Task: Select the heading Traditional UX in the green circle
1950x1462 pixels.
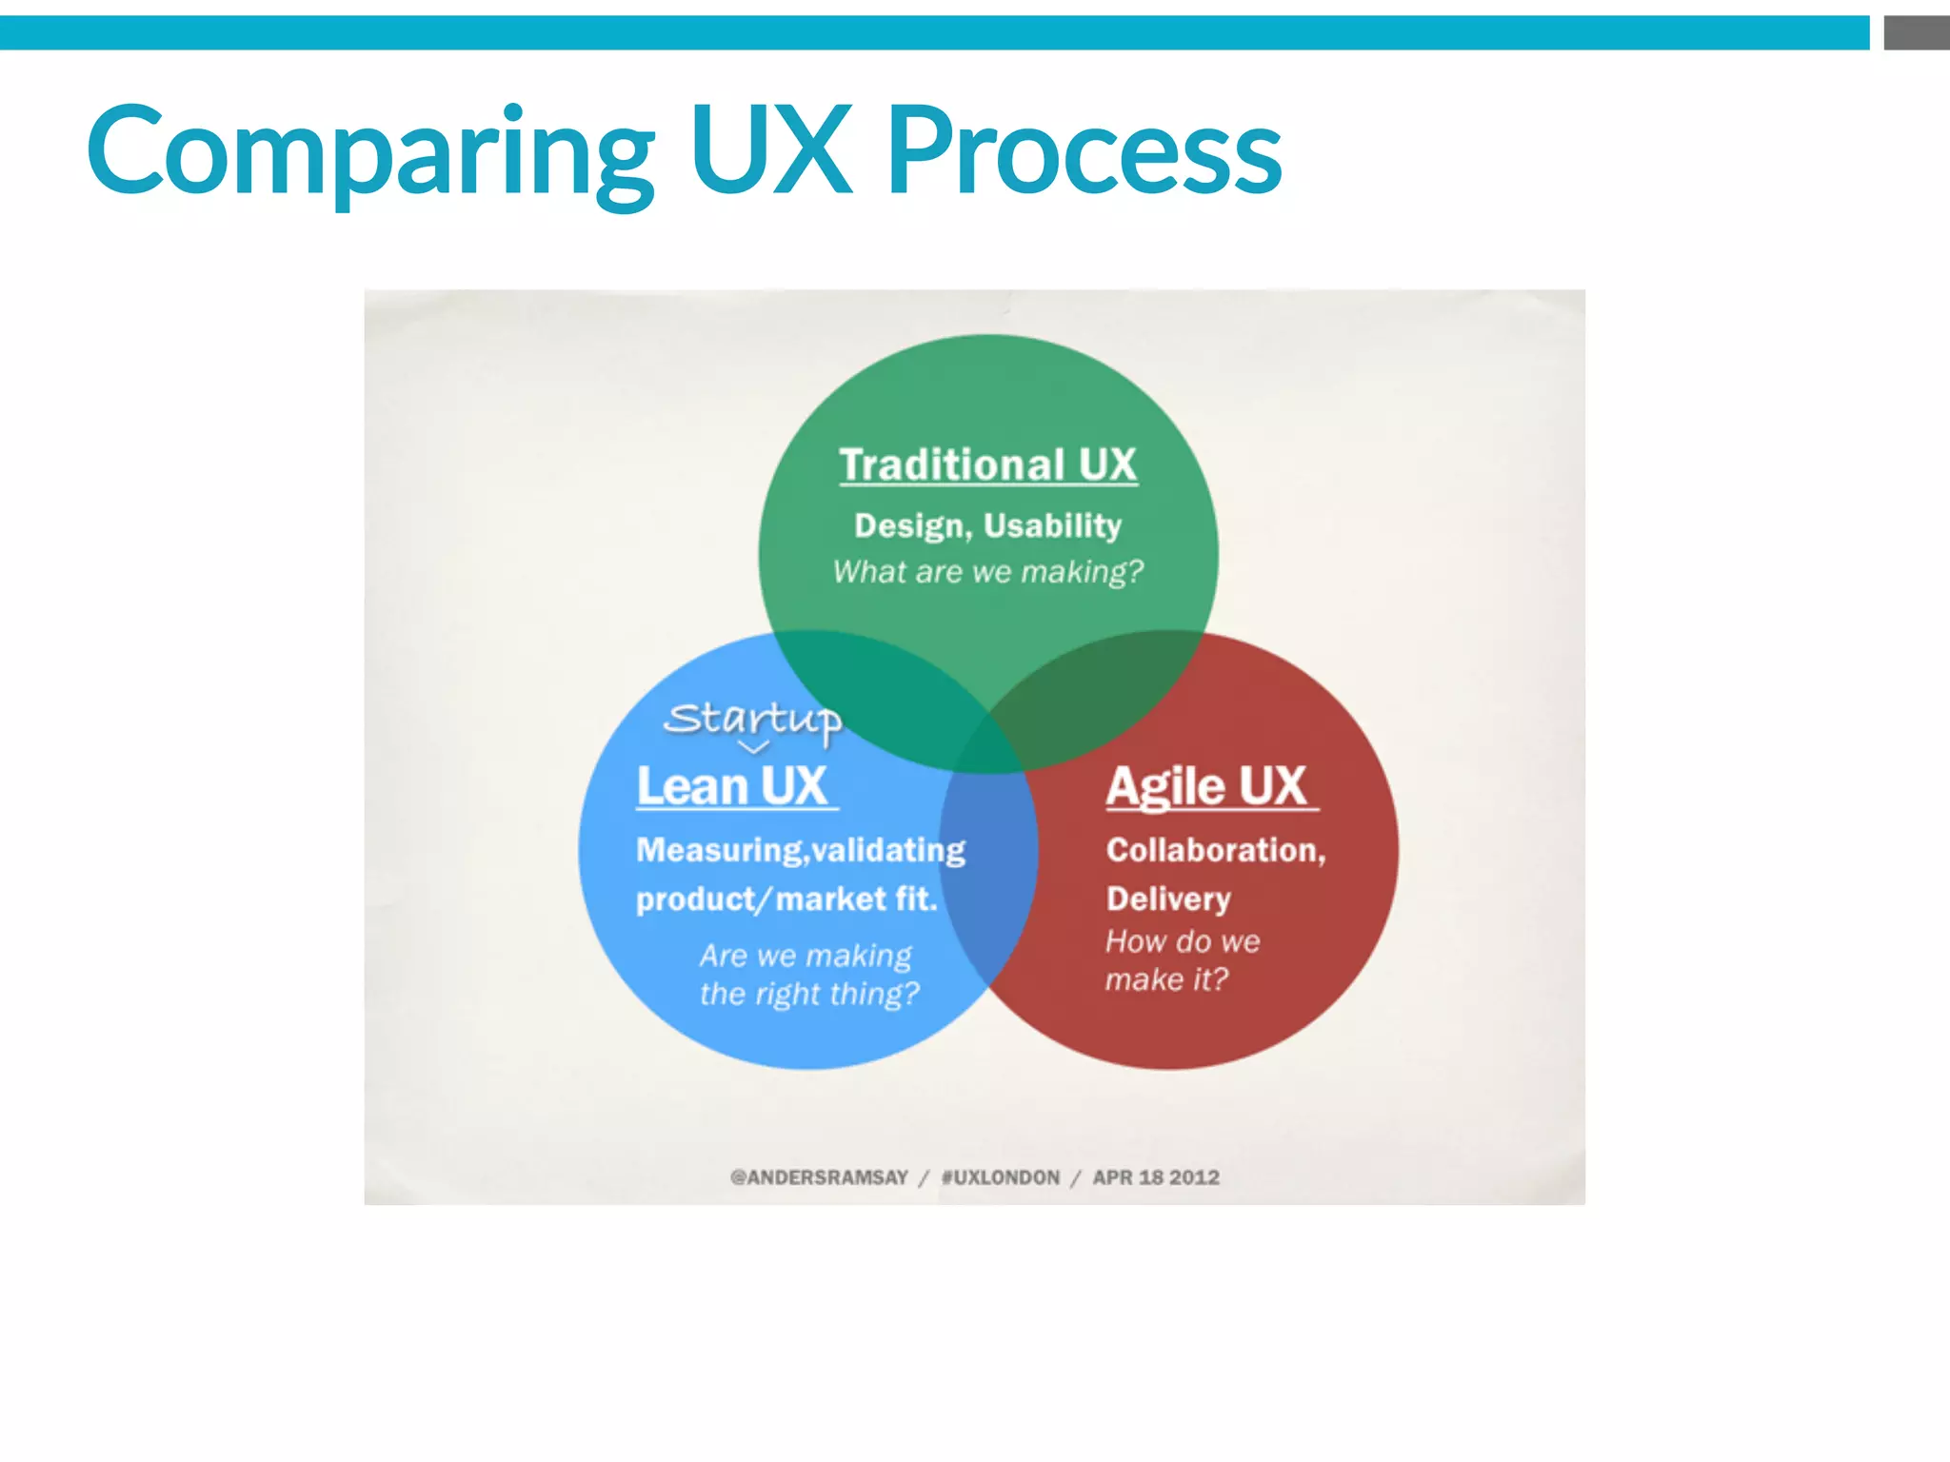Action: click(x=987, y=465)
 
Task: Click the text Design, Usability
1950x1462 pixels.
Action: click(x=987, y=525)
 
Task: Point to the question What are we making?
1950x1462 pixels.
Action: click(x=987, y=572)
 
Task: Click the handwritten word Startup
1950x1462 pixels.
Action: click(x=753, y=720)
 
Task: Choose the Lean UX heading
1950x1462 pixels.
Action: click(x=732, y=787)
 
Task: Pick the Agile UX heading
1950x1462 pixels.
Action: click(x=1206, y=787)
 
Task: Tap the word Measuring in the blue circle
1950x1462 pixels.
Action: click(x=719, y=850)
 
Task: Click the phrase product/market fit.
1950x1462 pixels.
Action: click(x=786, y=899)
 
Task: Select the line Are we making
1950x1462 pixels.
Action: click(x=806, y=956)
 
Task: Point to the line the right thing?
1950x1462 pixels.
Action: click(x=809, y=994)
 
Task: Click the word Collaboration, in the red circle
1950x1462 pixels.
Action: click(x=1215, y=850)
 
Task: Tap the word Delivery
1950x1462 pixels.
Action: click(x=1168, y=899)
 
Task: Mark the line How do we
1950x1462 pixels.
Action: click(x=1182, y=942)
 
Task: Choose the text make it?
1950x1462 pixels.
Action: click(x=1166, y=979)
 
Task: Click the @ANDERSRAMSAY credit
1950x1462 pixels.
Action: click(x=819, y=1178)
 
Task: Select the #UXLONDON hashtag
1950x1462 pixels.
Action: click(x=1000, y=1178)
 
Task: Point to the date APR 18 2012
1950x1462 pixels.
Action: click(x=1155, y=1178)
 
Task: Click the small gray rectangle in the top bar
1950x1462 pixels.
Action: click(x=1916, y=32)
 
